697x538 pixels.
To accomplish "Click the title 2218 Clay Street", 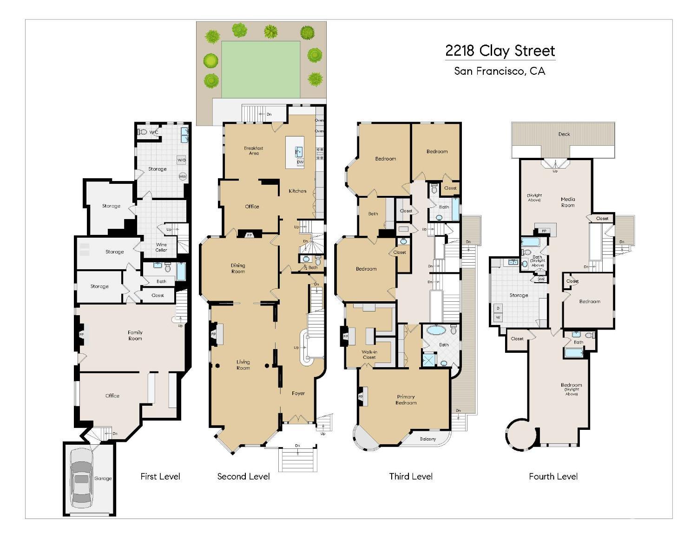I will [x=500, y=50].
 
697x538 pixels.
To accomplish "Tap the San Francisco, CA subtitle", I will [x=500, y=71].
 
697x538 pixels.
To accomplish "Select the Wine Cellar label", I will [x=161, y=247].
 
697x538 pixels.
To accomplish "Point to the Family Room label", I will [x=135, y=335].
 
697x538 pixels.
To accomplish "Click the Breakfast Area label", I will [x=254, y=150].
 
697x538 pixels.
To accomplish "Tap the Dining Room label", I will [x=238, y=268].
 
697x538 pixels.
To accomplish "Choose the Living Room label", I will [x=243, y=365].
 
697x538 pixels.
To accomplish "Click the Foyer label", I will [x=298, y=393].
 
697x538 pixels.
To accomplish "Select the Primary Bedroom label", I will [x=406, y=400].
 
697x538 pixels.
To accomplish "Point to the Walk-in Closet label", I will [x=369, y=355].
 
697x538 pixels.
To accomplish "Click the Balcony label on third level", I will [x=428, y=439].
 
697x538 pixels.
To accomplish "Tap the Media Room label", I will [x=568, y=202].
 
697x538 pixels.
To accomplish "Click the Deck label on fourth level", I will [x=564, y=134].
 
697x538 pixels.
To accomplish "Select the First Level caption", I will [x=160, y=476].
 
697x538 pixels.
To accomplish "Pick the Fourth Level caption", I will [x=553, y=476].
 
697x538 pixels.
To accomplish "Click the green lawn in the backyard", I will [x=261, y=69].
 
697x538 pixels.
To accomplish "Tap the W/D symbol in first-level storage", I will [x=181, y=160].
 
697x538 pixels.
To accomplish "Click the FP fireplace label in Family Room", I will [x=81, y=335].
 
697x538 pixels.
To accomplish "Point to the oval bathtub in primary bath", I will [x=435, y=330].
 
